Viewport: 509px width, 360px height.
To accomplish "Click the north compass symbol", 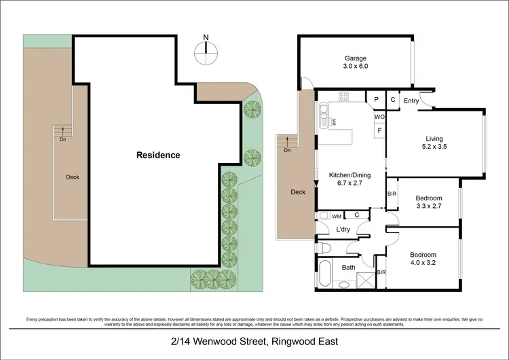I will click(x=207, y=49).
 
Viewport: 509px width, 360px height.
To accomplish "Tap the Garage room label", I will click(x=355, y=62).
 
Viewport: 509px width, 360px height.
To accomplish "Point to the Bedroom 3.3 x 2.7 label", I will click(x=428, y=202).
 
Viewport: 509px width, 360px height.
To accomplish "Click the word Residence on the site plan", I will click(x=158, y=155).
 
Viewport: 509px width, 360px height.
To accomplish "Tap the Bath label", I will click(x=349, y=268).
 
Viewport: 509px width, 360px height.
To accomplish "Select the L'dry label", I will click(x=343, y=230).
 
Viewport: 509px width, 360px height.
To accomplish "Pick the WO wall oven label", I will click(x=379, y=116).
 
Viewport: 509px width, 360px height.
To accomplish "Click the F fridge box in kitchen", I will click(x=379, y=130).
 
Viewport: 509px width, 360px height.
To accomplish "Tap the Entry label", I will click(x=411, y=101).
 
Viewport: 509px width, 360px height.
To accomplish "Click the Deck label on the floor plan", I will click(x=298, y=192).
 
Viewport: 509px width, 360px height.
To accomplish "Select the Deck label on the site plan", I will click(x=73, y=177).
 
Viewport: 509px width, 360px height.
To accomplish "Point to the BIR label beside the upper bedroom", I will click(x=392, y=194).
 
